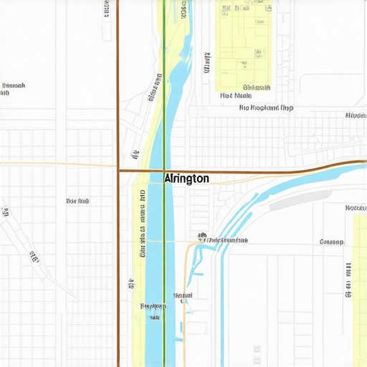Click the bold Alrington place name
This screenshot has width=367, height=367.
click(x=186, y=178)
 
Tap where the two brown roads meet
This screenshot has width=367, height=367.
click(x=118, y=171)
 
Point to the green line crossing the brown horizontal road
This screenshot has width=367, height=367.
click(x=165, y=171)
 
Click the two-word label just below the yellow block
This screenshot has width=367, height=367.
click(x=235, y=95)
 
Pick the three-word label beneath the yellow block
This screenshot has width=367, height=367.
click(x=266, y=108)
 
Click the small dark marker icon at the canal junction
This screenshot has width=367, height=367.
click(x=202, y=235)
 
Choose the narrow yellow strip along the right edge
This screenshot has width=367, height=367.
click(x=359, y=258)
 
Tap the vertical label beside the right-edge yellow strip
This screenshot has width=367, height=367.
click(x=349, y=280)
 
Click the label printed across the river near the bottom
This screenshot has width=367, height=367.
click(x=153, y=306)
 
